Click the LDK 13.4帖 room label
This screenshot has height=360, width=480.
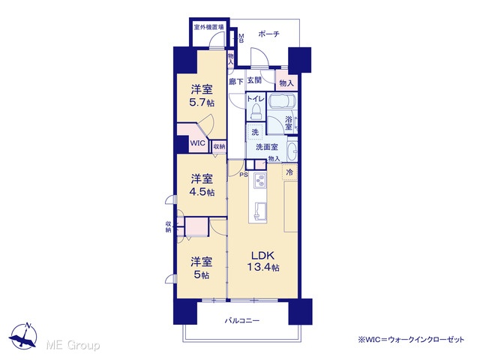pos(263,261)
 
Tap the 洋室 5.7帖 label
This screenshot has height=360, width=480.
pos(202,96)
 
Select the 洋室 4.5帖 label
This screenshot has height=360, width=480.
pos(202,185)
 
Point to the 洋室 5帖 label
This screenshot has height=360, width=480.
pos(202,268)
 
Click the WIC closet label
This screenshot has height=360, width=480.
pos(197,143)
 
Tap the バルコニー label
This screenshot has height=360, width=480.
pos(242,320)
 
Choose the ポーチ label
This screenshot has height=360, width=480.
pos(268,33)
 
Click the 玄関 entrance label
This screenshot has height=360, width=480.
pos(254,80)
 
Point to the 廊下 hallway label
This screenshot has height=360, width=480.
pos(236,82)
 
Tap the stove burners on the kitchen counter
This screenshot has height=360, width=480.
pos(260,181)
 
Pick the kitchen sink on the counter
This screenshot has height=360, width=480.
pos(260,210)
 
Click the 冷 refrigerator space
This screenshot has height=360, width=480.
pos(289,172)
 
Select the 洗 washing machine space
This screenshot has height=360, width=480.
pos(255,132)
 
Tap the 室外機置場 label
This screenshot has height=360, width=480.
pos(208,27)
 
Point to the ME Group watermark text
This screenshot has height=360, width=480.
pos(73,345)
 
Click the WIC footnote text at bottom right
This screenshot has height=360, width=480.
pos(411,340)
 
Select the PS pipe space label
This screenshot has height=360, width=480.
pos(244,175)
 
